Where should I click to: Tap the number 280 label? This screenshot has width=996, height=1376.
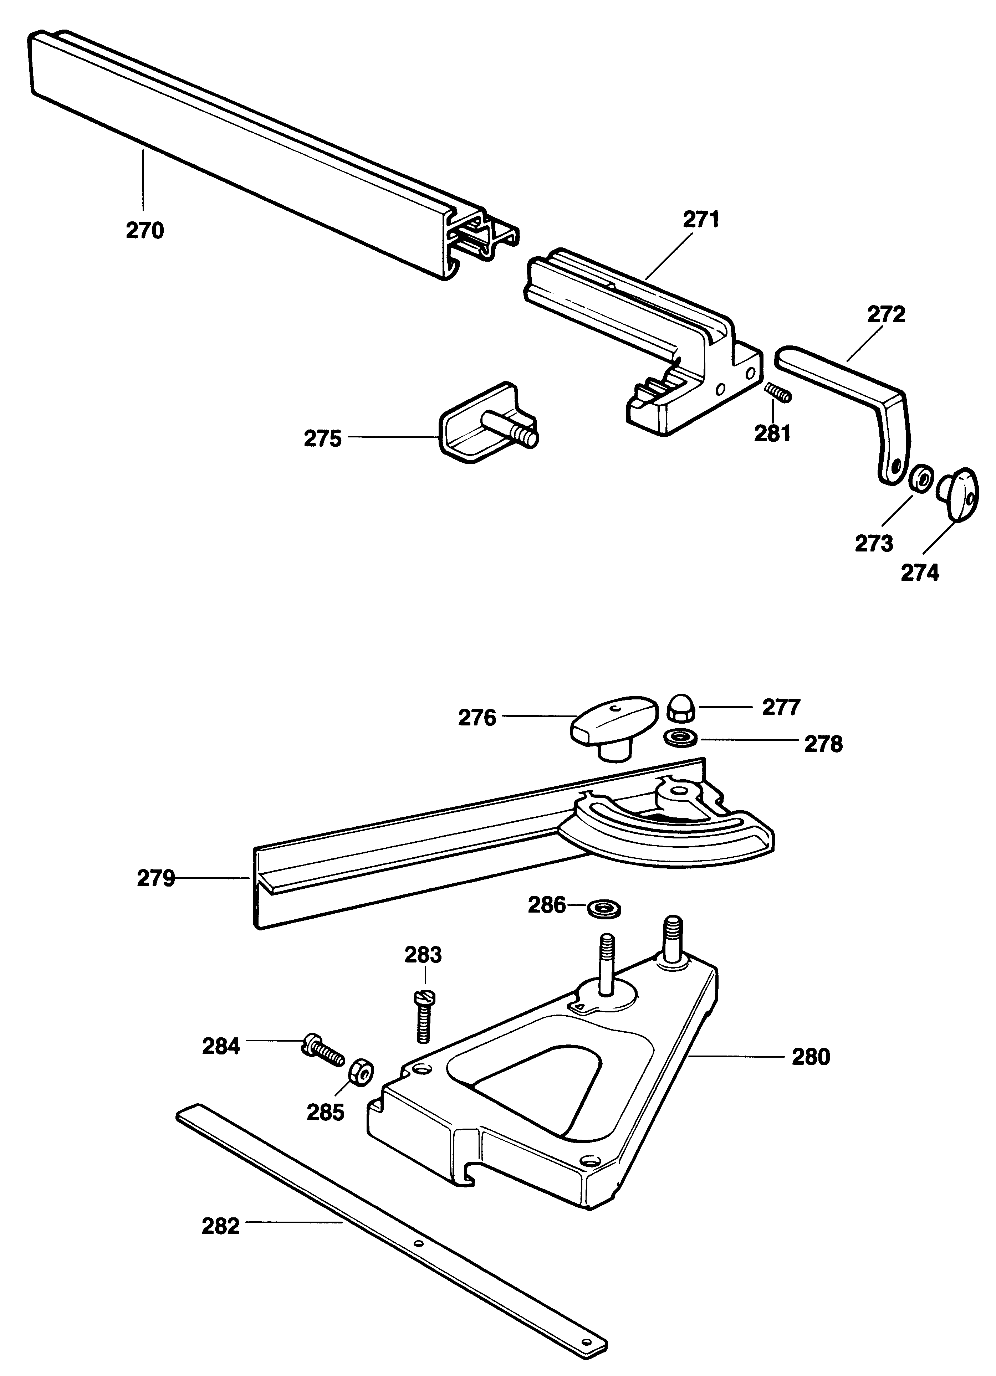(810, 1057)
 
